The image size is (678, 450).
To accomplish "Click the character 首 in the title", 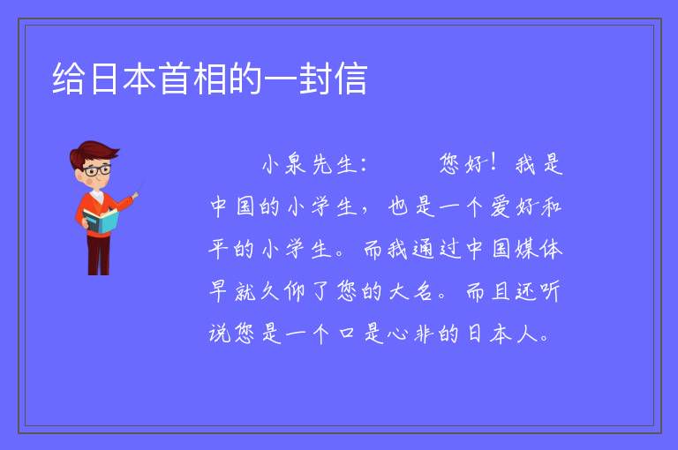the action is [174, 79].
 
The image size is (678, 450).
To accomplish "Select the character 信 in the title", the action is [351, 79].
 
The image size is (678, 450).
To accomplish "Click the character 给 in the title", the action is [68, 79].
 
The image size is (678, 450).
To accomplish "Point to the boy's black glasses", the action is [97, 170].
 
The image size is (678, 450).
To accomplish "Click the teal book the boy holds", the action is [100, 221].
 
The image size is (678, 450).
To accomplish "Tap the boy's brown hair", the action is [94, 151].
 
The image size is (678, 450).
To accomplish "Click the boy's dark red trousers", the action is [99, 254].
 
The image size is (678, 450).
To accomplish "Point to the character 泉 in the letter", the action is [295, 164].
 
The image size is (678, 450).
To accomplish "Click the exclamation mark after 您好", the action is [493, 162].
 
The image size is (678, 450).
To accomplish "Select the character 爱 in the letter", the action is [501, 206].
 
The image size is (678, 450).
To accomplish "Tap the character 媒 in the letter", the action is [525, 250].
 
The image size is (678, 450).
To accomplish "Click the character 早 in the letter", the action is [218, 291].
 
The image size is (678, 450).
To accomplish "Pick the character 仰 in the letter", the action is [295, 291].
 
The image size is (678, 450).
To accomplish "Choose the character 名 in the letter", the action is [423, 291].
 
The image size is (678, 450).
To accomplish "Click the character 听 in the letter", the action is [551, 291].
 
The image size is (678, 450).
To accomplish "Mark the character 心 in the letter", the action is [397, 334].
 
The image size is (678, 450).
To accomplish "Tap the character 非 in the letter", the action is [424, 334].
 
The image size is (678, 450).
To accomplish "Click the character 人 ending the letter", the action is [527, 334].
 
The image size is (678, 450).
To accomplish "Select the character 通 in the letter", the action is [423, 250].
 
